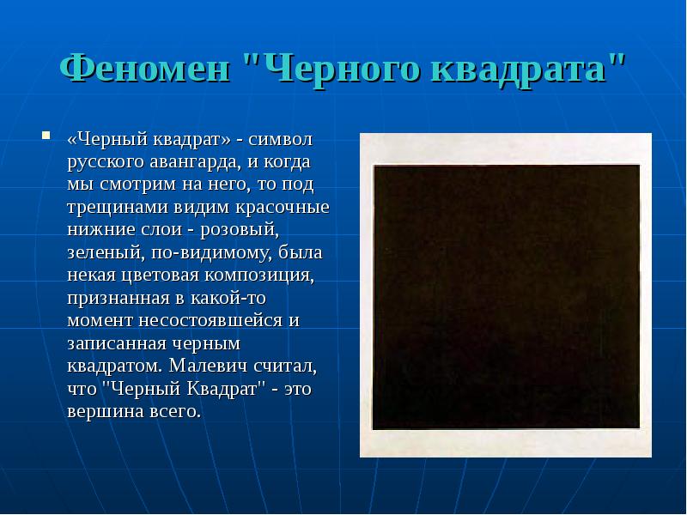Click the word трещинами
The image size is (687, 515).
116,208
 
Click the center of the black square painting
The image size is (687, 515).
505,296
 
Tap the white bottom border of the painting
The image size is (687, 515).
505,443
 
